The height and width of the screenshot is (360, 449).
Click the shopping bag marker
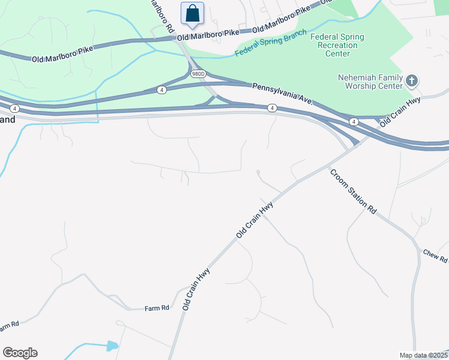(x=192, y=13)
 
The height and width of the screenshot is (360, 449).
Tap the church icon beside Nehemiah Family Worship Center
(x=412, y=80)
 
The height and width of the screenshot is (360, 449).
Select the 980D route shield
(x=198, y=73)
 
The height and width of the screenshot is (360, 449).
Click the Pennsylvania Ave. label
(x=282, y=94)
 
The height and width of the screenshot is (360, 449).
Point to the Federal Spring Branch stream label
(x=270, y=43)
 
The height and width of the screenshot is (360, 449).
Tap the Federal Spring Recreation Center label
(x=337, y=45)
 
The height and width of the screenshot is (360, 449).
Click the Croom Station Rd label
(x=353, y=191)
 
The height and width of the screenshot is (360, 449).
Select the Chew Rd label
(x=435, y=256)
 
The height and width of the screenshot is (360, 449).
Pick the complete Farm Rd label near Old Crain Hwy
(x=157, y=308)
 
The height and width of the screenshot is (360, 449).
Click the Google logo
(x=20, y=352)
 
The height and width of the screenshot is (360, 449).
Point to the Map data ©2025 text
(x=423, y=355)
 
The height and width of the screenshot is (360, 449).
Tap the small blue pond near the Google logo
(x=112, y=346)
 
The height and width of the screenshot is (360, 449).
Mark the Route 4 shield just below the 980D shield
(x=161, y=89)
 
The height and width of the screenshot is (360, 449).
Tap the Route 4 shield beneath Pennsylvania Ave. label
(x=272, y=108)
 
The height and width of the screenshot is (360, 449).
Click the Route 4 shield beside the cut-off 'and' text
(x=15, y=109)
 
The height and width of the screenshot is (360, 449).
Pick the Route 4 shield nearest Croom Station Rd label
(x=354, y=122)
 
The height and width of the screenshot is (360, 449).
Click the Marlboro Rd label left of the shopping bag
(x=162, y=18)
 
